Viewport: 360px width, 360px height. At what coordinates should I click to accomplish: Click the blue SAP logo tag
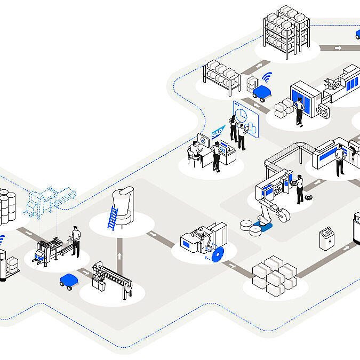pyautogui.click(x=217, y=133)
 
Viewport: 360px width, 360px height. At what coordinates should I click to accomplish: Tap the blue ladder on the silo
pyautogui.click(x=113, y=218)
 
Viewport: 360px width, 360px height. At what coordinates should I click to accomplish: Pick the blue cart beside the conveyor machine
pyautogui.click(x=68, y=281)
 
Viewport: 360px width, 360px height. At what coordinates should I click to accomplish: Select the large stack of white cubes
pyautogui.click(x=274, y=276)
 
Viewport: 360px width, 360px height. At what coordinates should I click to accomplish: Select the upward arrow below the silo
pyautogui.click(x=119, y=256)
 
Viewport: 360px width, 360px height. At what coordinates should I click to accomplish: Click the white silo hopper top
pyautogui.click(x=126, y=195)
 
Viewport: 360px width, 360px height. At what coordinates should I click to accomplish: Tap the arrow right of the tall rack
pyautogui.click(x=338, y=48)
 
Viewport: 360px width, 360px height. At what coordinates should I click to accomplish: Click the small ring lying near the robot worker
pyautogui.click(x=308, y=197)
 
